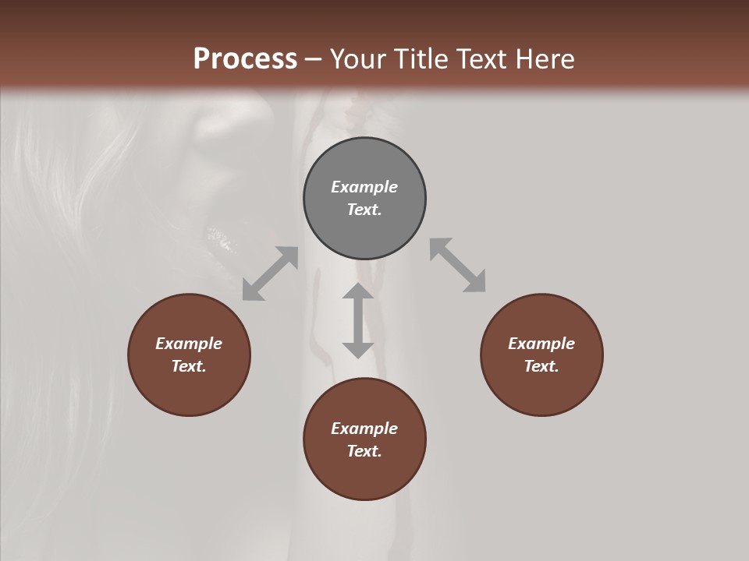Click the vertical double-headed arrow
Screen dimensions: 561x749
(358, 320)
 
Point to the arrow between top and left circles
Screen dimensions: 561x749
(270, 273)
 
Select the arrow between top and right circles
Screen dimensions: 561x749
(457, 265)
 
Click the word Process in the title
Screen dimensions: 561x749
(245, 59)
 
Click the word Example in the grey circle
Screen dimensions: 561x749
(364, 187)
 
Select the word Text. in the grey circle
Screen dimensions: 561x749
(364, 210)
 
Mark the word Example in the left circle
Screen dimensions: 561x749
(189, 344)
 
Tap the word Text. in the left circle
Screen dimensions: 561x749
(189, 366)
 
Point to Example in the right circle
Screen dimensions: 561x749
(541, 344)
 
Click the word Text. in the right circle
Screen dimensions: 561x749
(541, 366)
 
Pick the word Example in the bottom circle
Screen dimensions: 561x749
(364, 429)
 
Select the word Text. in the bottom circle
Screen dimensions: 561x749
(364, 451)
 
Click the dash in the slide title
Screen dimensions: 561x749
(314, 60)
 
